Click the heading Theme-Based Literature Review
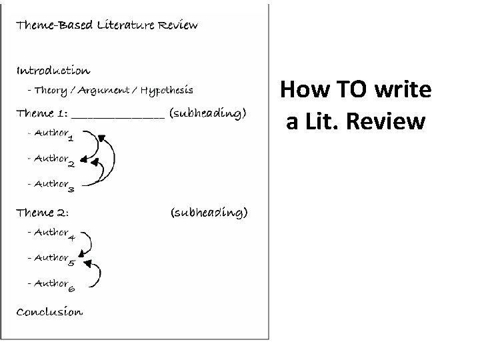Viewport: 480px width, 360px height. pos(107,25)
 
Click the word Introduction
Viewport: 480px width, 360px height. pos(53,70)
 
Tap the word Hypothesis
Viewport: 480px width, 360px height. pos(169,89)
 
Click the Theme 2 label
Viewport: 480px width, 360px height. pos(43,213)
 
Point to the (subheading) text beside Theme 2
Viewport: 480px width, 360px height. pos(209,213)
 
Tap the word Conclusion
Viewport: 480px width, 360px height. pos(49,311)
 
